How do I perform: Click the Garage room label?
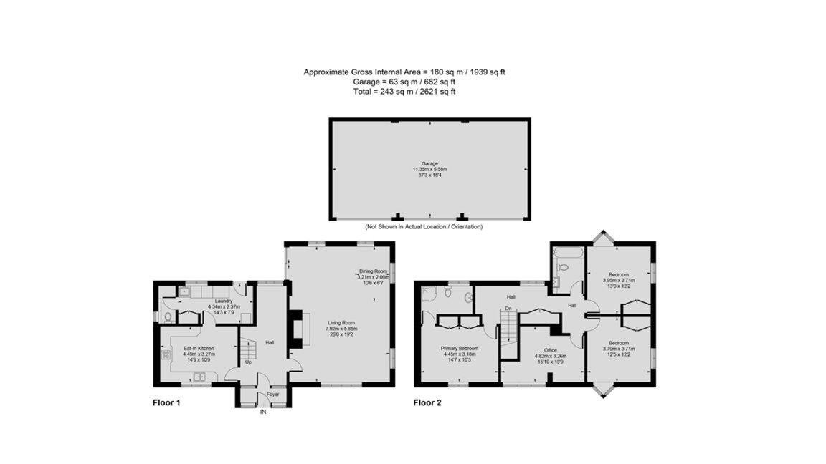pyautogui.click(x=429, y=163)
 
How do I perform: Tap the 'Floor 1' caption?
pyautogui.click(x=166, y=402)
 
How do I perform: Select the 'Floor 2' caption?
pyautogui.click(x=427, y=402)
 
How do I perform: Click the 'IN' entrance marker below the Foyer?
pyautogui.click(x=263, y=412)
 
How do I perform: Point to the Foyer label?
pyautogui.click(x=272, y=395)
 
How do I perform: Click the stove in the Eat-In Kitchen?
pyautogui.click(x=166, y=354)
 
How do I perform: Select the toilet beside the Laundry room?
pyautogui.click(x=166, y=316)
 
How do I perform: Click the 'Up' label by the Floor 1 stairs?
pyautogui.click(x=249, y=362)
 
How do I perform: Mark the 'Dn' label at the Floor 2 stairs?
pyautogui.click(x=508, y=309)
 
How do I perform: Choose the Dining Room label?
pyautogui.click(x=373, y=271)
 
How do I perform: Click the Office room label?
pyautogui.click(x=551, y=350)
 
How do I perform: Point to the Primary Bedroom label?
pyautogui.click(x=460, y=348)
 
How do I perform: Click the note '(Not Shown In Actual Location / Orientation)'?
pyautogui.click(x=424, y=227)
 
